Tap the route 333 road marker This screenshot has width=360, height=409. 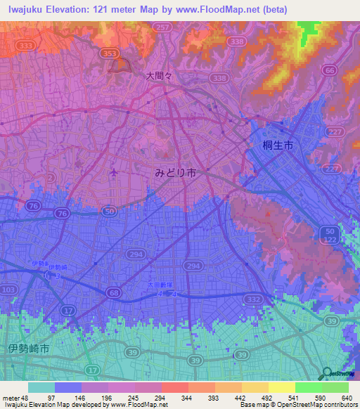[x=27, y=44]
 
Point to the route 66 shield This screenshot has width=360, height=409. [x=330, y=70]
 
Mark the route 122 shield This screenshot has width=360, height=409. [x=330, y=240]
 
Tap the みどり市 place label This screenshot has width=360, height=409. [x=176, y=173]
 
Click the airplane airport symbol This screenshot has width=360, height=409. [x=115, y=172]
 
